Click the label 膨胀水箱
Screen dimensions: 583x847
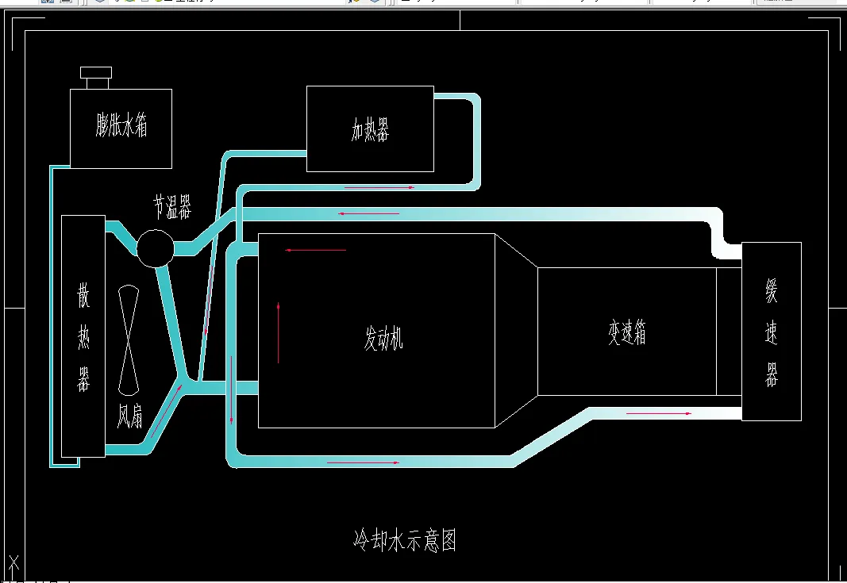[x=121, y=126]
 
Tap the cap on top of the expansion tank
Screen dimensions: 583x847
[x=97, y=78]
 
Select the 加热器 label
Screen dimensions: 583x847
[x=370, y=129]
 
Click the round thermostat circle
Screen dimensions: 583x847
[x=155, y=248]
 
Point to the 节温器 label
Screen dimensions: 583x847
[x=172, y=208]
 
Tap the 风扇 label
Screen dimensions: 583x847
[x=130, y=415]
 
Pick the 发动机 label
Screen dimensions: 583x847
[x=384, y=340]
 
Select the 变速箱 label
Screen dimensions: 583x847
[x=627, y=333]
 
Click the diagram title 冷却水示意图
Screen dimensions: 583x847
[x=405, y=541]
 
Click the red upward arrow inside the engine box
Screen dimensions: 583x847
[x=279, y=332]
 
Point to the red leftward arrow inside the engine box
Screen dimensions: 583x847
[x=315, y=251]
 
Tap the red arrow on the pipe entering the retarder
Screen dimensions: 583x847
[x=658, y=413]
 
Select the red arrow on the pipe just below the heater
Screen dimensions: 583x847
[x=379, y=188]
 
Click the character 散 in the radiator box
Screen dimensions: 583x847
[x=83, y=297]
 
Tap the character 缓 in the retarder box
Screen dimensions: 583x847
[x=771, y=292]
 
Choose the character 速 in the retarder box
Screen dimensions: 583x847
[x=771, y=334]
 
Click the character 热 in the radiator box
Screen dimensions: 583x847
[x=83, y=339]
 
